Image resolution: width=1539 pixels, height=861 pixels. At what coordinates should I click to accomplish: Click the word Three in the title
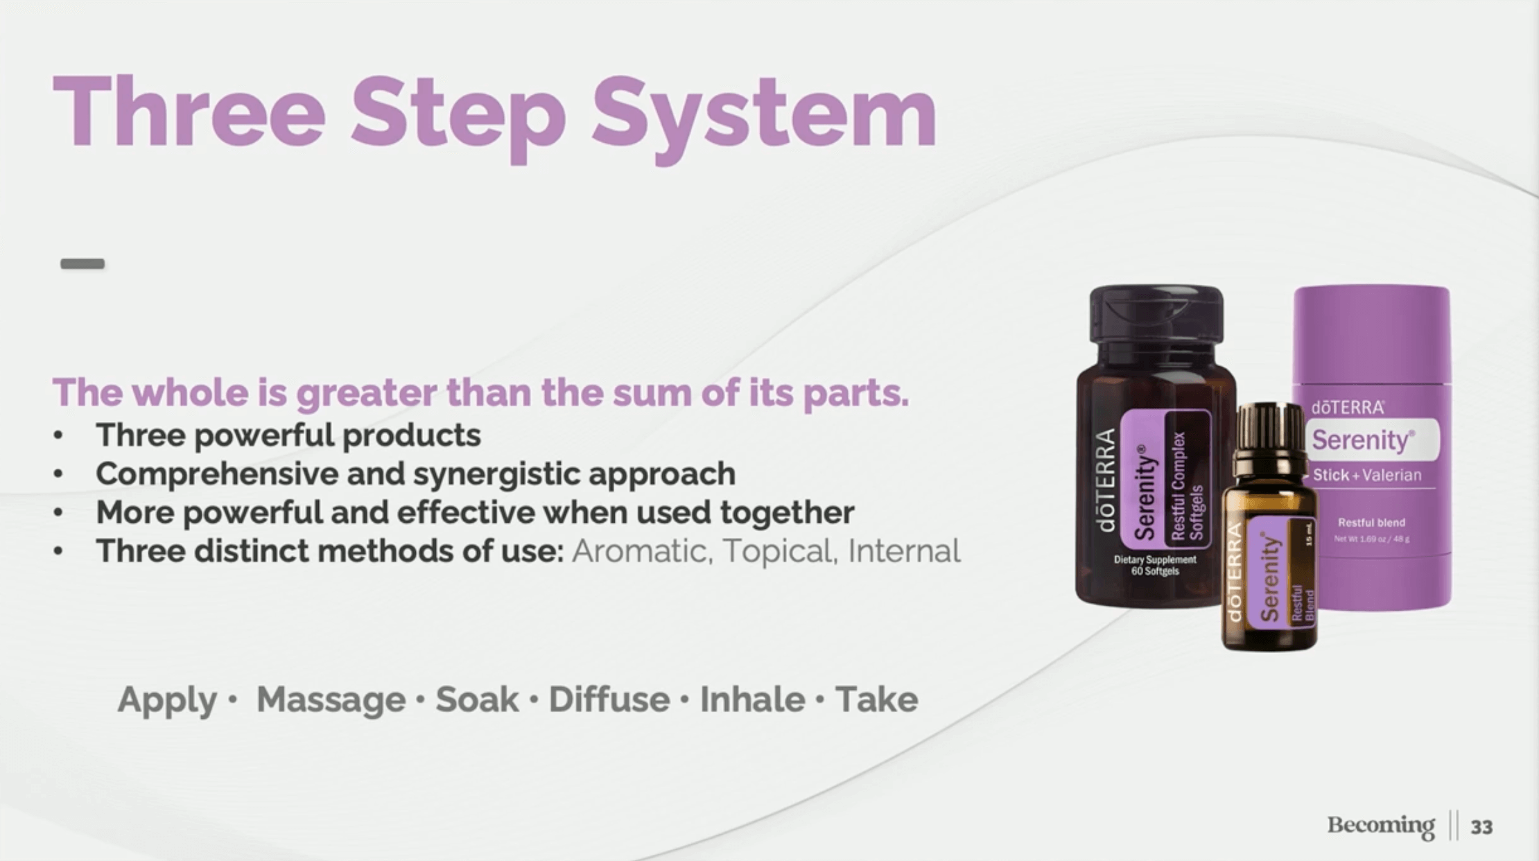[189, 111]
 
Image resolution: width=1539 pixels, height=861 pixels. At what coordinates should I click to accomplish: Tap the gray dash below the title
[82, 263]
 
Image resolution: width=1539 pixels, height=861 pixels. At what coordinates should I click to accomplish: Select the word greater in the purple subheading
[368, 394]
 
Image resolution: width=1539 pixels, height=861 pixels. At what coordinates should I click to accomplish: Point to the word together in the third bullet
[787, 514]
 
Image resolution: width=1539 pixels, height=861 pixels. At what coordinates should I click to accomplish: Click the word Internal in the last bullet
[904, 551]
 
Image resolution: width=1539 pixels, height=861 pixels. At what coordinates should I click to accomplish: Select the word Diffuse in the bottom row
[609, 699]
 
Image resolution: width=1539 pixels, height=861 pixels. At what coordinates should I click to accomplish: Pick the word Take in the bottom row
[876, 699]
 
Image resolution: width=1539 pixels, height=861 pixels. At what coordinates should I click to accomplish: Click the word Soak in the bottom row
[477, 699]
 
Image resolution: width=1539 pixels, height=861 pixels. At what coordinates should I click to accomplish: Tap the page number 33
[1481, 827]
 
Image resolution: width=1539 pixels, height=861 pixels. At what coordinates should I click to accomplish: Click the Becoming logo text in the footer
[1381, 826]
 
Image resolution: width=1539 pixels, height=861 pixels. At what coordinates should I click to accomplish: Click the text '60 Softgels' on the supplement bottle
[1155, 571]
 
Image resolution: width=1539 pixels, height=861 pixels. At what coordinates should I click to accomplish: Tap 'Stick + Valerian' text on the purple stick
[1367, 476]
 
